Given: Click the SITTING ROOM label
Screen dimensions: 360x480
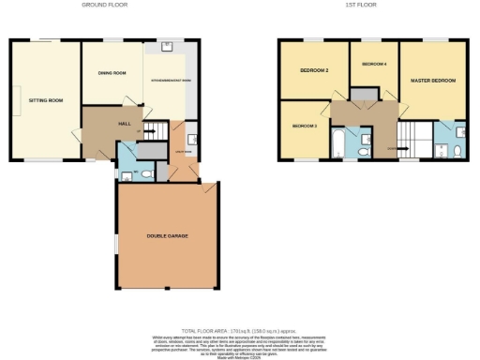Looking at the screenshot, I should pyautogui.click(x=44, y=98).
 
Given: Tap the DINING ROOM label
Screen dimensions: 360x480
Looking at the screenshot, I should pyautogui.click(x=112, y=72).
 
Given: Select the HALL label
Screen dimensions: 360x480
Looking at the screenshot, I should pyautogui.click(x=124, y=123).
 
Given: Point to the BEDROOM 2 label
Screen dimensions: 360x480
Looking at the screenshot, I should pyautogui.click(x=312, y=70).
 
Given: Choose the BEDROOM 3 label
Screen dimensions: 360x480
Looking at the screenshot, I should pyautogui.click(x=304, y=126).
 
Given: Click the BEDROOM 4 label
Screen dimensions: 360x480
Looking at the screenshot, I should pyautogui.click(x=374, y=64).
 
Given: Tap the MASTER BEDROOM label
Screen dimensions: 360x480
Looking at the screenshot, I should pyautogui.click(x=433, y=81).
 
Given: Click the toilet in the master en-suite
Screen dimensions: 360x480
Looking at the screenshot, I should pyautogui.click(x=457, y=150).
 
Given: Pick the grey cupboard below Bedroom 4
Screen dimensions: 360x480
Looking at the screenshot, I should pyautogui.click(x=361, y=94).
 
